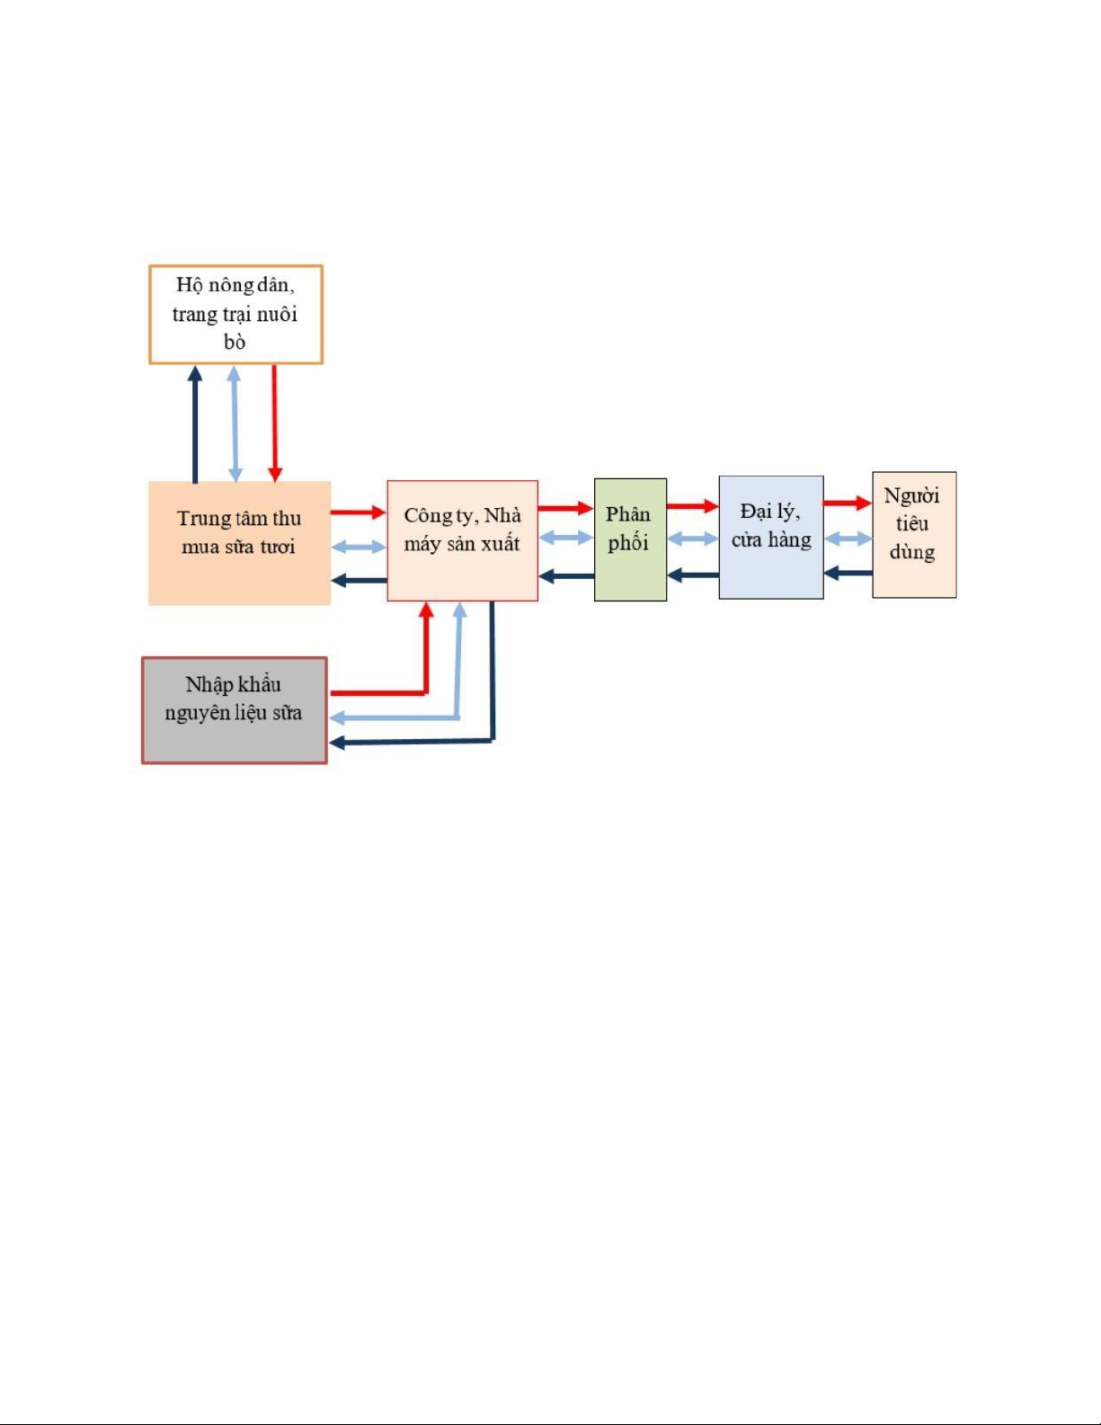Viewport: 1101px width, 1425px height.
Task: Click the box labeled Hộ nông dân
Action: (235, 314)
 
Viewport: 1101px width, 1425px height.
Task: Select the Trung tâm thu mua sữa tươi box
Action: (239, 542)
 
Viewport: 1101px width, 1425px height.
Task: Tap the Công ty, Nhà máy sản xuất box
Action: (462, 540)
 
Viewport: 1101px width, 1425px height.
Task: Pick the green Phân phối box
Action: (630, 539)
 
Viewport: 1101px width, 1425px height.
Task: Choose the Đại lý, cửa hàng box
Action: (770, 537)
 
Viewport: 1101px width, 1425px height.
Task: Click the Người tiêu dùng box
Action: (913, 534)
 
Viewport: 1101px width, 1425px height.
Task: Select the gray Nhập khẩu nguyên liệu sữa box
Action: (234, 709)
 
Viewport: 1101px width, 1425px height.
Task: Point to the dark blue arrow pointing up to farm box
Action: (195, 423)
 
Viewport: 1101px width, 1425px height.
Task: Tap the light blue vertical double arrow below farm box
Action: (235, 423)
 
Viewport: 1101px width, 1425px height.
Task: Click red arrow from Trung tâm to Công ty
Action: (358, 512)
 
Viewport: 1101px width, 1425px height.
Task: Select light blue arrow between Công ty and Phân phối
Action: (565, 538)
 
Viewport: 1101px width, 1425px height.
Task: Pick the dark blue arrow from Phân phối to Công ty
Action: (565, 575)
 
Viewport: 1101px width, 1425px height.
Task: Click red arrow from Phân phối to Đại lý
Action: (692, 506)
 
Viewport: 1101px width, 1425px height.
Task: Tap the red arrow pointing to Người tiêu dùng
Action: (847, 503)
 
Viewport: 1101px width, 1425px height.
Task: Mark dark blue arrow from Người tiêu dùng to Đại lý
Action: (848, 572)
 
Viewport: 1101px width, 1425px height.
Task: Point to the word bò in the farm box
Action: (235, 343)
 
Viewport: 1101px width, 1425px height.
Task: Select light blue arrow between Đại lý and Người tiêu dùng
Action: (848, 539)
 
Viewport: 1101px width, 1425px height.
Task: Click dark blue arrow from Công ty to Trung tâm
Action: (359, 580)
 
